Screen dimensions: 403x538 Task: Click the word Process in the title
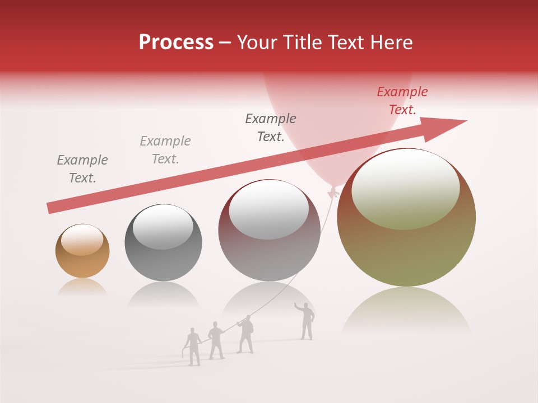point(176,43)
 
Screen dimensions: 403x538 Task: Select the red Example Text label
point(402,101)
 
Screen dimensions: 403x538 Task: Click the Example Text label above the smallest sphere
point(82,169)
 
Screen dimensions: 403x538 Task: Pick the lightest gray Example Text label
point(165,150)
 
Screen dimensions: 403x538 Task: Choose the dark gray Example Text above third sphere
point(271,128)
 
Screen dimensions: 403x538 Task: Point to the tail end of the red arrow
point(49,209)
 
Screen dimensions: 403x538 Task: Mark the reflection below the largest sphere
point(406,311)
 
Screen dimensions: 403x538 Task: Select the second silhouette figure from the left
point(216,340)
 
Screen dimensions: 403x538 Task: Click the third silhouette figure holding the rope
point(245,334)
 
